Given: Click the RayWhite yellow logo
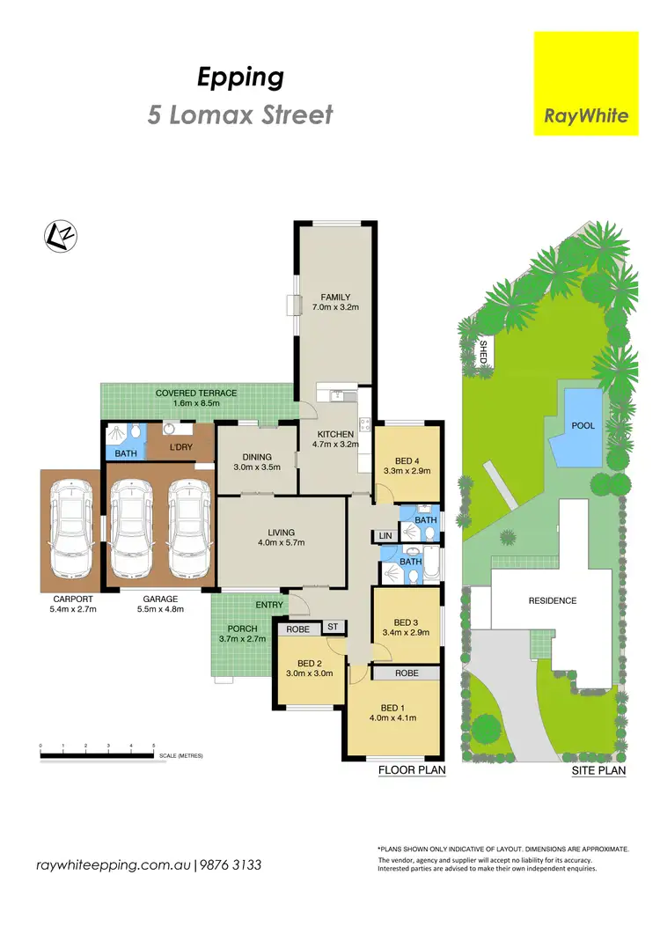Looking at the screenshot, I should [x=586, y=84].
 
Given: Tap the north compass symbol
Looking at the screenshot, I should [x=61, y=235].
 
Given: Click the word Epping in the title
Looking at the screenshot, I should [x=240, y=77].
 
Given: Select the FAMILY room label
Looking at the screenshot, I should [x=335, y=297].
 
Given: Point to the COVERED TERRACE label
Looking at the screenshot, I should [x=196, y=393].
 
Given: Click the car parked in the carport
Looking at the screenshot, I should [x=72, y=527].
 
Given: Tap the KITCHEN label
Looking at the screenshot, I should [x=335, y=434].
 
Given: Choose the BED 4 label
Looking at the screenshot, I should [x=407, y=460].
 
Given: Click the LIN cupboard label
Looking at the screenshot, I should [x=385, y=535].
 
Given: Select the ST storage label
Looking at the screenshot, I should [x=333, y=627].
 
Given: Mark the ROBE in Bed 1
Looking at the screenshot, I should [x=406, y=673].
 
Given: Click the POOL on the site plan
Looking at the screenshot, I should [x=583, y=425].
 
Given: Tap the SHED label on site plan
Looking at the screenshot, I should [x=482, y=351].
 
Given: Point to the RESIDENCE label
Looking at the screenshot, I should [x=552, y=601].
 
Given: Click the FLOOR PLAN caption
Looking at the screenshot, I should [x=412, y=770].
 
